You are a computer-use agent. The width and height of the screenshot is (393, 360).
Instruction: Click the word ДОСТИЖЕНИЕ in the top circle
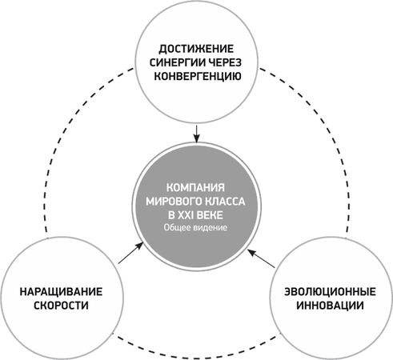pos(196,49)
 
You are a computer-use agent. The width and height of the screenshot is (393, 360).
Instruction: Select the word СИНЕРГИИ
pos(178,63)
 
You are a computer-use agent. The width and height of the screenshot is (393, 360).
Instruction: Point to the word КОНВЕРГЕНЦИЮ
pos(198,77)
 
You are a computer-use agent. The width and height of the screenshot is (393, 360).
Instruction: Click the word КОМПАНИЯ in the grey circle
pos(195,188)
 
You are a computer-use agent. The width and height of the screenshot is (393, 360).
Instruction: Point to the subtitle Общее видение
pos(195,228)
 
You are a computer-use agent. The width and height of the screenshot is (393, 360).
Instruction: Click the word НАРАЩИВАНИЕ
pos(61,292)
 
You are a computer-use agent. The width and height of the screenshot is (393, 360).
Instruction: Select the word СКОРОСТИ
pos(61,306)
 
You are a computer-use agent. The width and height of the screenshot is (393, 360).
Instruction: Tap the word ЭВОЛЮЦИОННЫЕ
pos(330,292)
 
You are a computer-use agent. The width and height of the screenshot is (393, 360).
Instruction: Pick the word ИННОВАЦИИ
pos(330,306)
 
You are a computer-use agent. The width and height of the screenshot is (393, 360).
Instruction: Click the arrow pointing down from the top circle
pos(196,134)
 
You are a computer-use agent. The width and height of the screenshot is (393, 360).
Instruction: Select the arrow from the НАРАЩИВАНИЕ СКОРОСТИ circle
pos(130,253)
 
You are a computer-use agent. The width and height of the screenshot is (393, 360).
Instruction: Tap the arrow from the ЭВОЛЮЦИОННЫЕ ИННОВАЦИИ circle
pos(261,258)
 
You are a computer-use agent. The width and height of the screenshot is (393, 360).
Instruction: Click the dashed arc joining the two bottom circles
pos(196,358)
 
